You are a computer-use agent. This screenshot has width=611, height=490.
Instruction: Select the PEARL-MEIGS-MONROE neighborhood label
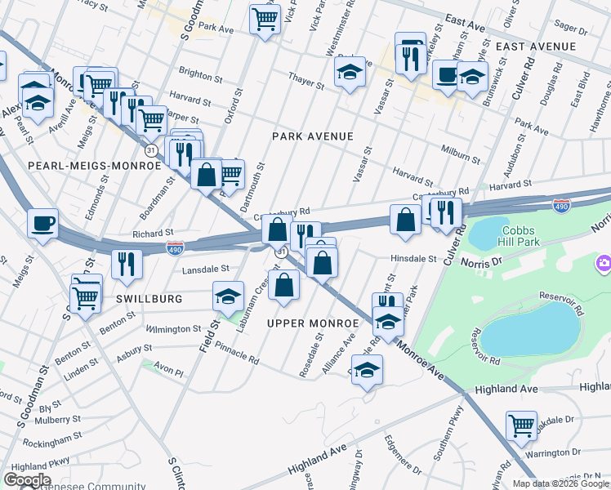click(x=95, y=166)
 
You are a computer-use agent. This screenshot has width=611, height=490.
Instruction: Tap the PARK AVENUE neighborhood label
click(x=313, y=136)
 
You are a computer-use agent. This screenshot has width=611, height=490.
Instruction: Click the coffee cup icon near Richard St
click(x=42, y=222)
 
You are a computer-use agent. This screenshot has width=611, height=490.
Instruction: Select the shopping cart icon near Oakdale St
click(x=521, y=425)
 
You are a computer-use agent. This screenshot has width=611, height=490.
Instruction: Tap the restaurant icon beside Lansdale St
click(x=127, y=263)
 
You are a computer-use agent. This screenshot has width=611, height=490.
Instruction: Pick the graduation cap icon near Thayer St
click(x=350, y=73)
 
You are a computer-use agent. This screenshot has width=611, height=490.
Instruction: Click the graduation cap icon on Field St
click(x=229, y=295)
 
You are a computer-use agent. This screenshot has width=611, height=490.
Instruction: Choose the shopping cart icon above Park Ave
click(x=265, y=18)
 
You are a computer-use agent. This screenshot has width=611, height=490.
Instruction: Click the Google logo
click(x=27, y=480)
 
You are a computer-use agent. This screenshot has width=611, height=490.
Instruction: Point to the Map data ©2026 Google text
click(x=560, y=483)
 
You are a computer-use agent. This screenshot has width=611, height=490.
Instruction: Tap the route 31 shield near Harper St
click(x=150, y=151)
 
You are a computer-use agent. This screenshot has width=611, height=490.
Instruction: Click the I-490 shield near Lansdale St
click(x=174, y=246)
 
